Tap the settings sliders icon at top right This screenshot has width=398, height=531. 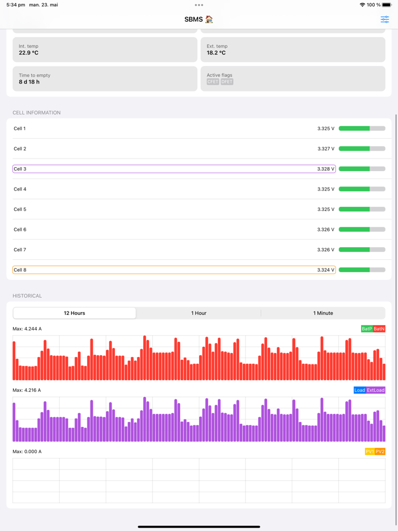pyautogui.click(x=385, y=19)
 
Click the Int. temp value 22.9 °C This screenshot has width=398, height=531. pyautogui.click(x=28, y=53)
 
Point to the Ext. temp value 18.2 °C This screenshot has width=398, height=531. pyautogui.click(x=216, y=53)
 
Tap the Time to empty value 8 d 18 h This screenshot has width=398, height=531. pyautogui.click(x=29, y=82)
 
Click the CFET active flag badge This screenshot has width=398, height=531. pyautogui.click(x=213, y=82)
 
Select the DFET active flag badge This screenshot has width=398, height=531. pyautogui.click(x=227, y=82)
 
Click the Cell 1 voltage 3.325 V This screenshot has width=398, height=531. pyautogui.click(x=326, y=128)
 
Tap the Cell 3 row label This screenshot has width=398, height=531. pyautogui.click(x=20, y=169)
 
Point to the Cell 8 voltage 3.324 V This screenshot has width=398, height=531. pyautogui.click(x=326, y=270)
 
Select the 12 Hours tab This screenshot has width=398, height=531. pyautogui.click(x=74, y=313)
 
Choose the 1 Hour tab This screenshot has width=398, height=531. pyautogui.click(x=198, y=313)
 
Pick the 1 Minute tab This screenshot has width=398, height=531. pyautogui.click(x=323, y=313)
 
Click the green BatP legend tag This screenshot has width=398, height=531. pyautogui.click(x=367, y=329)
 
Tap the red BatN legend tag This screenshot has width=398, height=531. pyautogui.click(x=379, y=329)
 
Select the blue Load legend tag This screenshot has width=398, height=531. pyautogui.click(x=359, y=390)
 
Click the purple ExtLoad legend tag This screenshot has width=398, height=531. pyautogui.click(x=376, y=390)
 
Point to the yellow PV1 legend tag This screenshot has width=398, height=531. pyautogui.click(x=370, y=451)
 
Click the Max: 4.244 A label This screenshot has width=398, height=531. pyautogui.click(x=27, y=329)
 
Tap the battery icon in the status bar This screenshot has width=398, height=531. pyautogui.click(x=387, y=5)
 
